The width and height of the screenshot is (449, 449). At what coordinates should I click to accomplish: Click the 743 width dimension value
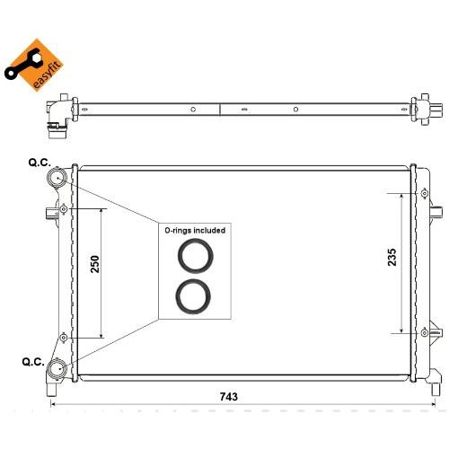(229, 397)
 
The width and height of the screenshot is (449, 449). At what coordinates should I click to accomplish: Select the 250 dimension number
(95, 264)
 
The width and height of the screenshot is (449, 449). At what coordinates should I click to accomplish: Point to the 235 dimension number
(392, 257)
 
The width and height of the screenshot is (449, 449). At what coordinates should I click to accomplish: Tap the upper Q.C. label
(40, 163)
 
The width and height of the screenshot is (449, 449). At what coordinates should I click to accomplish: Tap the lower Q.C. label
(33, 362)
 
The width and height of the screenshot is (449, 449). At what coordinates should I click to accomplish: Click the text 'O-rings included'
(195, 230)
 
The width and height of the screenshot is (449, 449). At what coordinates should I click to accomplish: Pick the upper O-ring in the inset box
(196, 256)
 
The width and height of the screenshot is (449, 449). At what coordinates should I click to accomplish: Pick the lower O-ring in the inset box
(193, 296)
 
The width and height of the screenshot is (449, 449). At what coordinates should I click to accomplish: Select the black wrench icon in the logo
(22, 65)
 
